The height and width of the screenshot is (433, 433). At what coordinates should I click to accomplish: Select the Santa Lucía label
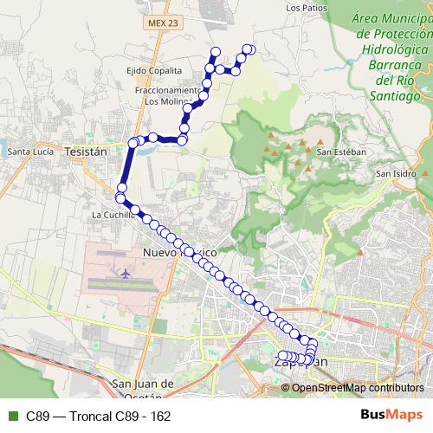31,152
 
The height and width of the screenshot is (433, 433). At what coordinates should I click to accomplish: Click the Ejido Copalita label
153,70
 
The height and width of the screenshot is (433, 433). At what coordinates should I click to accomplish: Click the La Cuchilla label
112,213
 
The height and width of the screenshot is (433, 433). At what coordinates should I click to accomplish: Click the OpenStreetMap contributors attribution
357,387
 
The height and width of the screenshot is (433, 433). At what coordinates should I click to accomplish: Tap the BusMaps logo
391,415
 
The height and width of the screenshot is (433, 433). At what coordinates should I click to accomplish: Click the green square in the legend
11,416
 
